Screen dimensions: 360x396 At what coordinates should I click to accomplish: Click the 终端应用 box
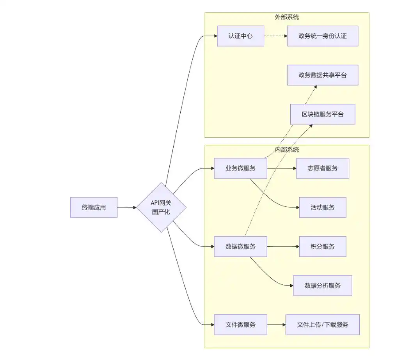[x=94, y=207]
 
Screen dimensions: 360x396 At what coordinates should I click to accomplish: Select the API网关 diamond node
[x=161, y=207]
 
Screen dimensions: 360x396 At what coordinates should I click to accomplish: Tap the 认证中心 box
[x=240, y=36]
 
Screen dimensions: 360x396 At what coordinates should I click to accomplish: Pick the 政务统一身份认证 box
[x=323, y=36]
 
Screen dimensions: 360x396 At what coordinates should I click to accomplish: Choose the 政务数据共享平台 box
[x=323, y=75]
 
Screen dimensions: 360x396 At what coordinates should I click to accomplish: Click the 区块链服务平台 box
[x=323, y=114]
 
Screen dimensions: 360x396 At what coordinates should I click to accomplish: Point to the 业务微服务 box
[x=240, y=168]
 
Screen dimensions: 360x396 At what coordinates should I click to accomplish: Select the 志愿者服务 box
[x=323, y=168]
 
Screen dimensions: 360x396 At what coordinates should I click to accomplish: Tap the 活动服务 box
[x=323, y=207]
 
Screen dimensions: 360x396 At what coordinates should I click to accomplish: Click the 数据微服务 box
[x=240, y=247]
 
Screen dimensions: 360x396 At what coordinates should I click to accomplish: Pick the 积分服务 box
[x=323, y=247]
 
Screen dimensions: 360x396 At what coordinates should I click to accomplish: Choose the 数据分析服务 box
[x=323, y=286]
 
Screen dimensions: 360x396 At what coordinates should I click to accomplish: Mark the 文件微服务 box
[x=240, y=325]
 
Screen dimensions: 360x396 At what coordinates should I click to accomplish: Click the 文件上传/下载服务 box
[x=323, y=325]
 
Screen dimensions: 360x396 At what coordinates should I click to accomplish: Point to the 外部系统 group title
[x=287, y=17]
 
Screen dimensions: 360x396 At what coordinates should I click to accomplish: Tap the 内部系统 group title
[x=287, y=150]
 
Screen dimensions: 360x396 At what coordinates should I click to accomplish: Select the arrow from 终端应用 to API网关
[x=127, y=207]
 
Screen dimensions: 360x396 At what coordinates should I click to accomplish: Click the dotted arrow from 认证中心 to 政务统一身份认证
[x=275, y=36]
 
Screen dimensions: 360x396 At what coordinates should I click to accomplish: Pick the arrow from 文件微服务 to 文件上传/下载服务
[x=276, y=325]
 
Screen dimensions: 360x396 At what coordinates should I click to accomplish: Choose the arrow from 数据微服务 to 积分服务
[x=283, y=247]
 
